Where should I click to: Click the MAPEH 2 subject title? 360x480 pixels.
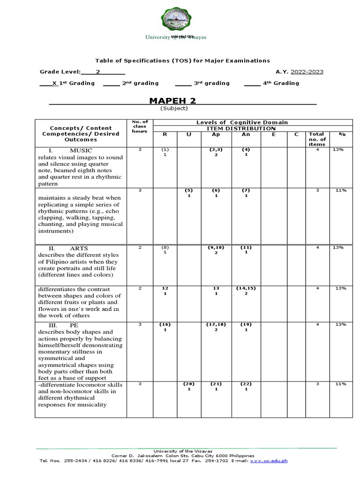click(x=172, y=101)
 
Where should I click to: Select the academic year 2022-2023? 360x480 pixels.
click(x=307, y=72)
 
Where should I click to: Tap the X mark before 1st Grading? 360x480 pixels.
click(x=55, y=83)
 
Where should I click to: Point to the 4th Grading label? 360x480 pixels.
click(x=281, y=83)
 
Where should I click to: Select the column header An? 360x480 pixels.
click(x=246, y=134)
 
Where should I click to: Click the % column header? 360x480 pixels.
click(x=342, y=134)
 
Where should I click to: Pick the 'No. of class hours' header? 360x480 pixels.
click(x=140, y=126)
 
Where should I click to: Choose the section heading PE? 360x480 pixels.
click(x=74, y=324)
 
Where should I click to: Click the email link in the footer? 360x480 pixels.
click(x=269, y=460)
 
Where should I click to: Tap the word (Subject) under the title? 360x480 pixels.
click(x=174, y=108)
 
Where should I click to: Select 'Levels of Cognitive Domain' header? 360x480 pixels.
click(x=242, y=122)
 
